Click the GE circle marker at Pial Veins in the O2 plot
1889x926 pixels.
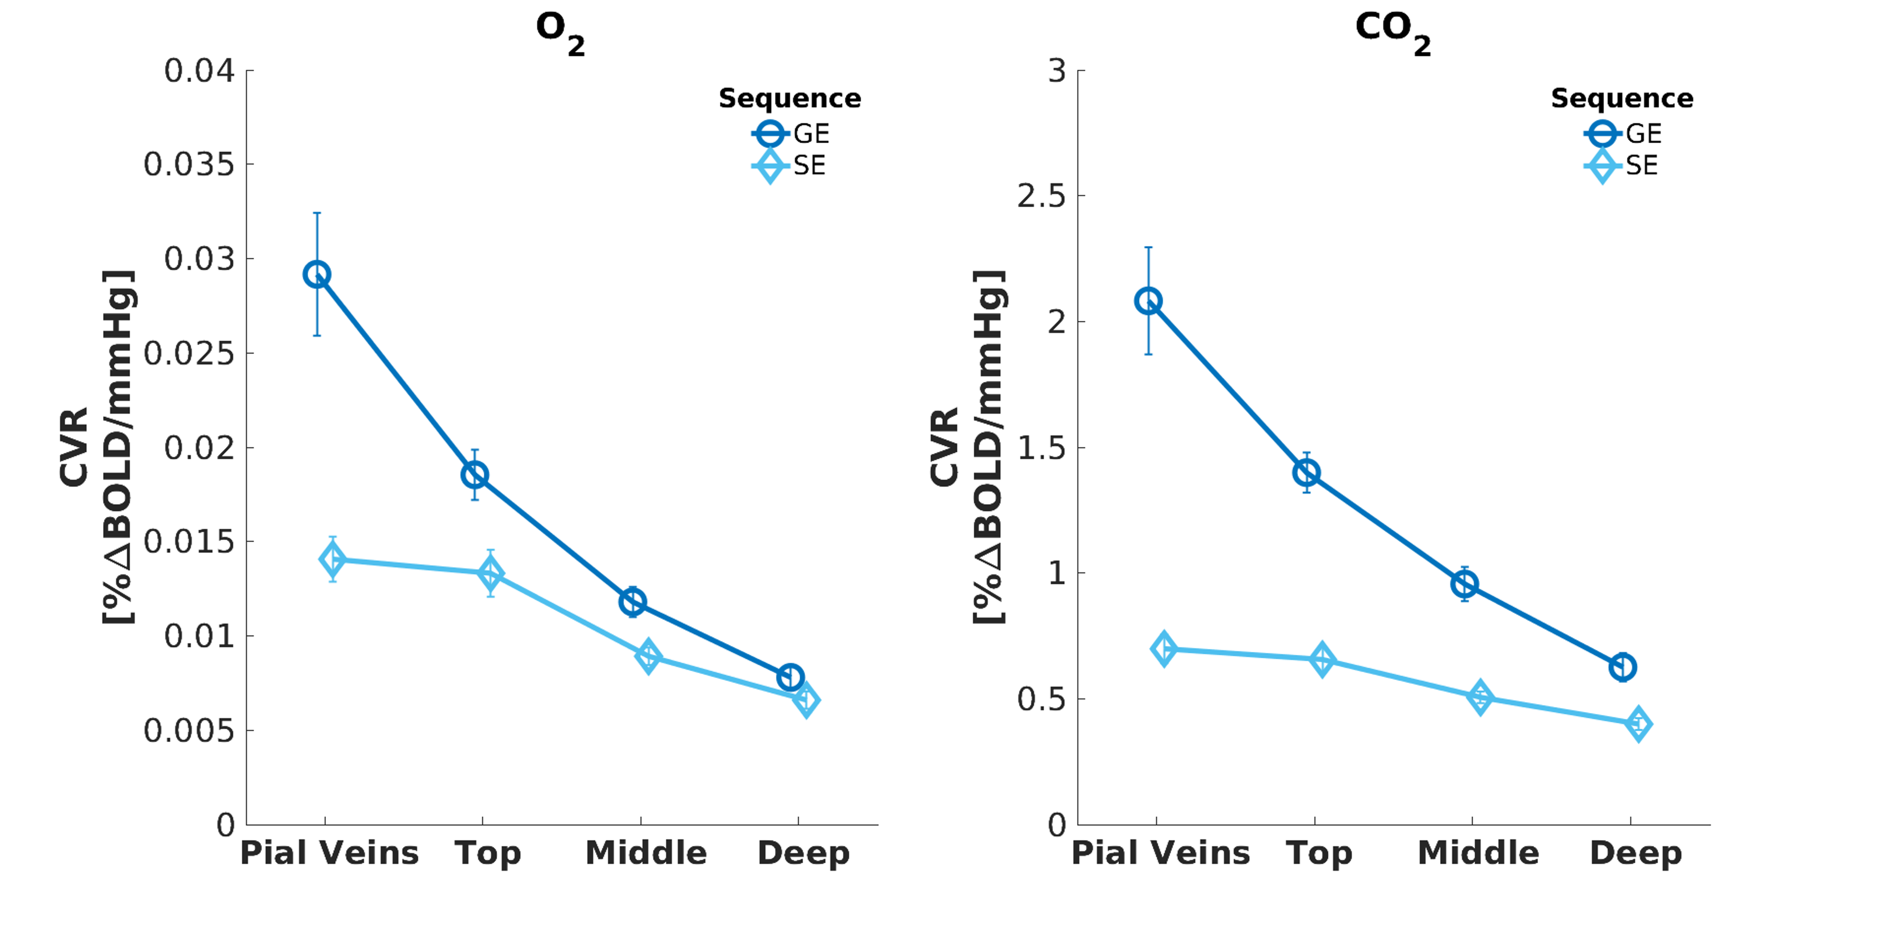tap(317, 275)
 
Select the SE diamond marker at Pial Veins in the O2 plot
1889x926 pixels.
tap(333, 560)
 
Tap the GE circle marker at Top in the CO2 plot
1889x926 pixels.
tap(1306, 473)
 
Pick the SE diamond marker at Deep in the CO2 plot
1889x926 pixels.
tap(1638, 724)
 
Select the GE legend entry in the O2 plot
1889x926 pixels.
tap(790, 134)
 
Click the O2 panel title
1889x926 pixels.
tap(559, 31)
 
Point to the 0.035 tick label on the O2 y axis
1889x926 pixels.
tap(188, 165)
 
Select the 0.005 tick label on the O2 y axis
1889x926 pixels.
tap(188, 731)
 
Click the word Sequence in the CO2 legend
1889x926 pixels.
tap(1622, 98)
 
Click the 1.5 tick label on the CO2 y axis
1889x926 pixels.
tap(1041, 448)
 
